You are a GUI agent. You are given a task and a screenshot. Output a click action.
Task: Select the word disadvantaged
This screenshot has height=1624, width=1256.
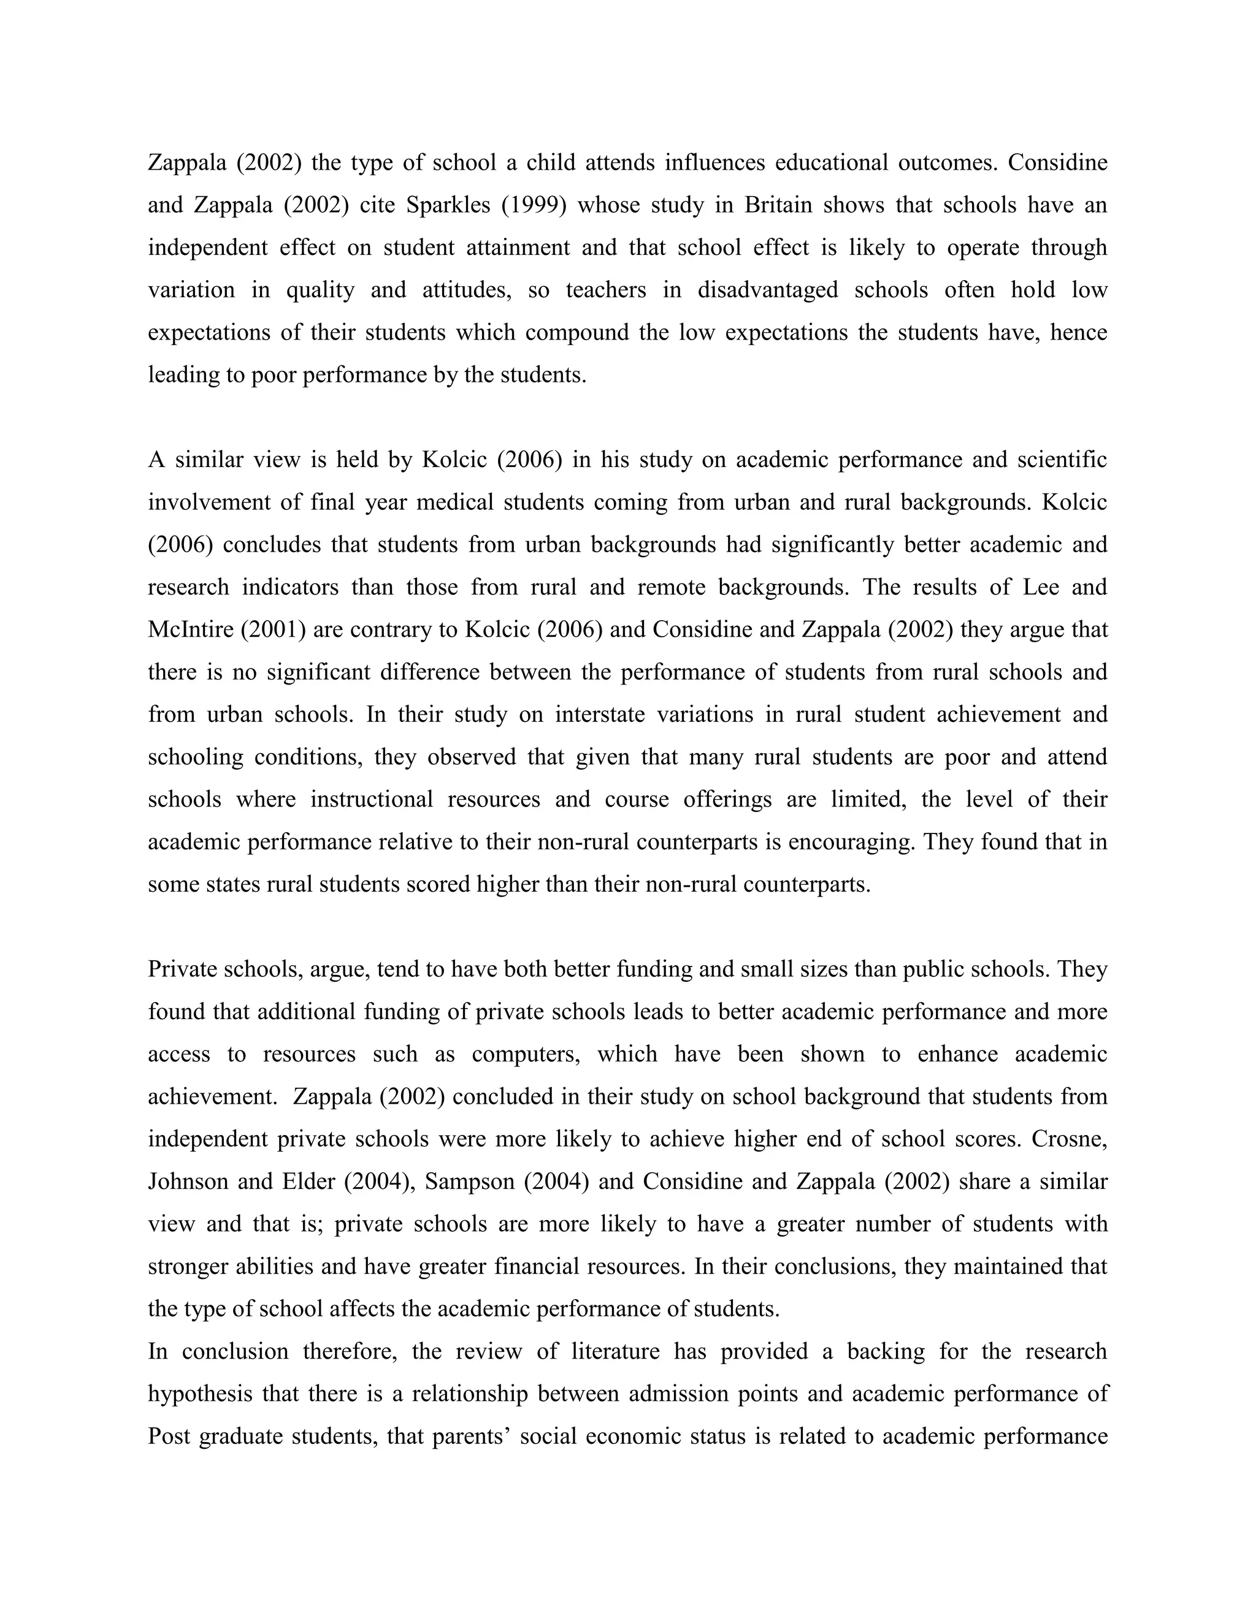click(767, 290)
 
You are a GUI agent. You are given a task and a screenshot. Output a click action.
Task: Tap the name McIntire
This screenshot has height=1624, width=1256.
click(190, 630)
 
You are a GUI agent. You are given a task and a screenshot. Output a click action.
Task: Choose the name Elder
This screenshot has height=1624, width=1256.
click(309, 1182)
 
